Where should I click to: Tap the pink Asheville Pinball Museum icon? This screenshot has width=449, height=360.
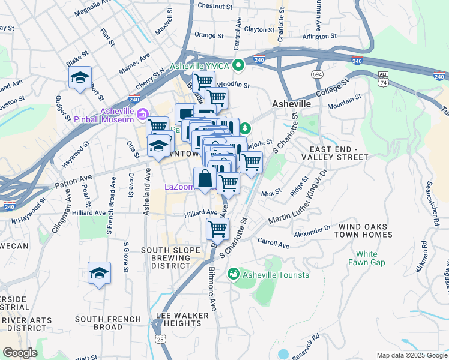pyautogui.click(x=143, y=113)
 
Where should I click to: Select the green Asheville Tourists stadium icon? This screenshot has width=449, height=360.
pyautogui.click(x=234, y=274)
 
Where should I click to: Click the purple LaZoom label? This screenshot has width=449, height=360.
pyautogui.click(x=179, y=187)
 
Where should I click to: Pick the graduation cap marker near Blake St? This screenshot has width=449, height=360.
pyautogui.click(x=80, y=78)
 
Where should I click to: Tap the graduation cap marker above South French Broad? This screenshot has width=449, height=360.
pyautogui.click(x=99, y=274)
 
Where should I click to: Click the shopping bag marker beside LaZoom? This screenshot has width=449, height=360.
pyautogui.click(x=205, y=178)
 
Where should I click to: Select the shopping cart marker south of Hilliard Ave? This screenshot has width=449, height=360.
pyautogui.click(x=217, y=229)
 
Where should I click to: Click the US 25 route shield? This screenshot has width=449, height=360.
pyautogui.click(x=158, y=340)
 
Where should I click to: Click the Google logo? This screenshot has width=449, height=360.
pyautogui.click(x=20, y=353)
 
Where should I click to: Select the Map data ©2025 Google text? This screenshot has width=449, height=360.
pyautogui.click(x=411, y=355)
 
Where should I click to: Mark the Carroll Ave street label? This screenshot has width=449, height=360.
pyautogui.click(x=273, y=245)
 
